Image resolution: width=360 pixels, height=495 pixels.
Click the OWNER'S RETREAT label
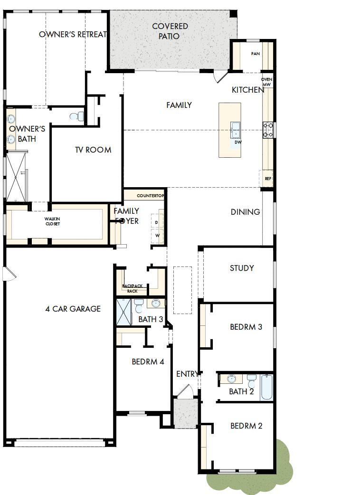click(73, 34)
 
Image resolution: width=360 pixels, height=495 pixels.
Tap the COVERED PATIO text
click(170, 31)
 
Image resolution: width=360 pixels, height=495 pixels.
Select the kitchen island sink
click(236, 128)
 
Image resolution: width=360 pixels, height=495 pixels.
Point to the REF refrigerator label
click(268, 179)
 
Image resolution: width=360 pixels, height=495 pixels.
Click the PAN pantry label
click(256, 54)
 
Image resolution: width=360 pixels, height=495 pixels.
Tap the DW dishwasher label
click(237, 142)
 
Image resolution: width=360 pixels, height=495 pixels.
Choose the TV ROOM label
click(93, 150)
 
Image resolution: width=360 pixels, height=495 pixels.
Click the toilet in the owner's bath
click(77, 115)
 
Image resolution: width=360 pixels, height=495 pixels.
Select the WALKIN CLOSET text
click(52, 221)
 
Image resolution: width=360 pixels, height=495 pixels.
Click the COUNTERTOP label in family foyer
click(150, 196)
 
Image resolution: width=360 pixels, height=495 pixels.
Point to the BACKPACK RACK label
click(132, 288)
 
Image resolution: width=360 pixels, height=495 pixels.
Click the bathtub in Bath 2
click(266, 387)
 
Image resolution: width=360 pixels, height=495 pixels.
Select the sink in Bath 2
click(232, 379)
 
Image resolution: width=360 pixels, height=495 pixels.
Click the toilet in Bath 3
click(139, 304)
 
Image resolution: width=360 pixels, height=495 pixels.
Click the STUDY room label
click(242, 268)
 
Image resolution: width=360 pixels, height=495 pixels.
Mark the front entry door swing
click(183, 390)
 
